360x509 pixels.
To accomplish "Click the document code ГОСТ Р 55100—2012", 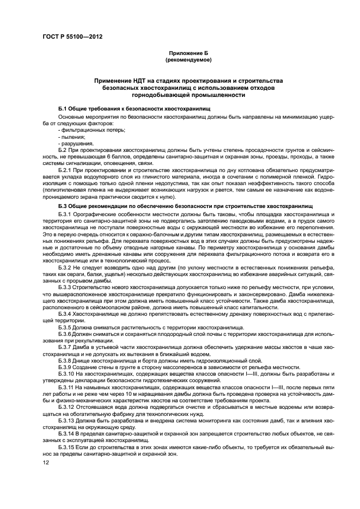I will (x=72, y=37).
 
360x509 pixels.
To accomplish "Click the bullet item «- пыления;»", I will (x=71, y=137).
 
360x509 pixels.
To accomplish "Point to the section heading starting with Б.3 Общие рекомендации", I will (x=185, y=207).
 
